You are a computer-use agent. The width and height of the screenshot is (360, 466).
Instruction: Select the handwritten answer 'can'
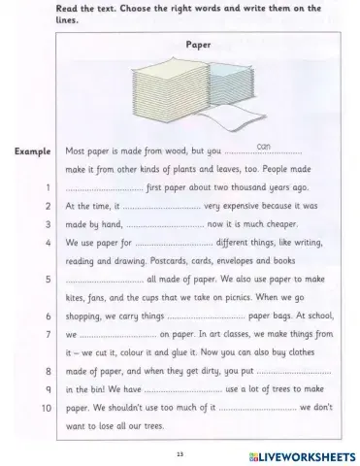(x=263, y=146)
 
